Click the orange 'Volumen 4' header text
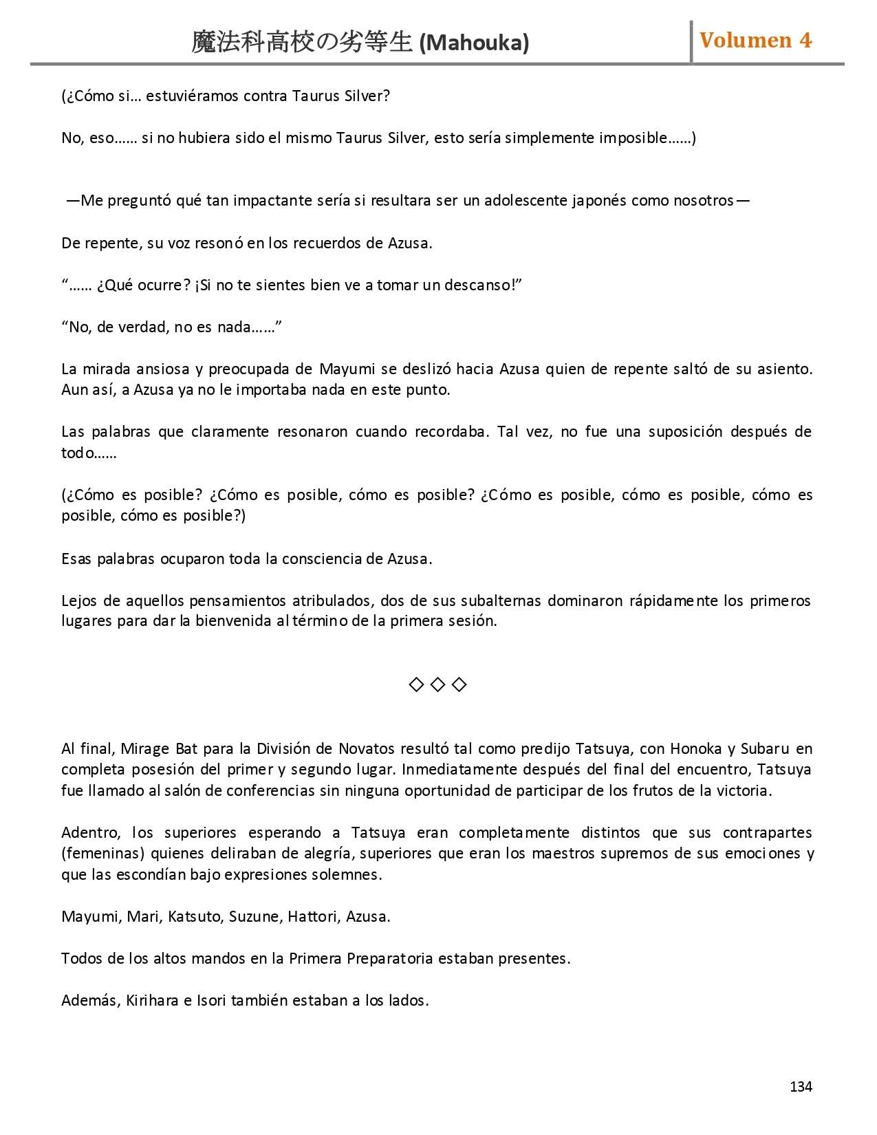(x=755, y=41)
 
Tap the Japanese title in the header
(x=301, y=43)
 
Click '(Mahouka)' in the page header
(x=474, y=43)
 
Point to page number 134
(x=801, y=1086)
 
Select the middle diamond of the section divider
(x=437, y=684)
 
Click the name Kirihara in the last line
(x=152, y=1000)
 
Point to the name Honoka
(x=695, y=748)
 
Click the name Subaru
(x=764, y=748)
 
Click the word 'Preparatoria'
(x=390, y=958)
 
